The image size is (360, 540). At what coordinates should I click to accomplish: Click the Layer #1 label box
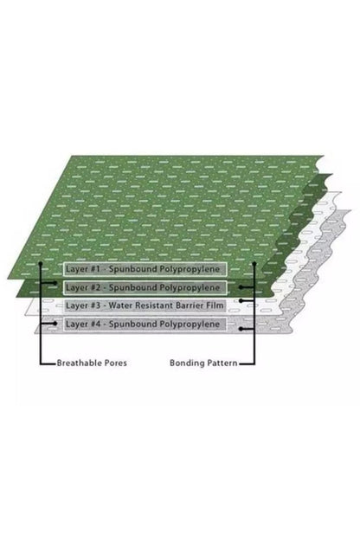pyautogui.click(x=145, y=269)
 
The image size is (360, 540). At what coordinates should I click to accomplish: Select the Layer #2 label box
pyautogui.click(x=145, y=287)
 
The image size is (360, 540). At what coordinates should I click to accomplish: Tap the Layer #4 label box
pyautogui.click(x=145, y=324)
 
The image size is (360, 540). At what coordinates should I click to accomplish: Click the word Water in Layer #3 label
pyautogui.click(x=119, y=305)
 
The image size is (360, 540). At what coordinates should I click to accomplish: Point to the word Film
pyautogui.click(x=216, y=305)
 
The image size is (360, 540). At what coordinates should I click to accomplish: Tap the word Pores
pyautogui.click(x=116, y=363)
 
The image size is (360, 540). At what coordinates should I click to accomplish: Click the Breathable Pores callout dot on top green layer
pyautogui.click(x=41, y=263)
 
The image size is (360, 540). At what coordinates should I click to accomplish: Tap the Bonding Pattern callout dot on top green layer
pyautogui.click(x=254, y=263)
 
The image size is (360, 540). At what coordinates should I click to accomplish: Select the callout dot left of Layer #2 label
pyautogui.click(x=55, y=283)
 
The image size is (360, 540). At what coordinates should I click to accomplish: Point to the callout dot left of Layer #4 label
pyautogui.click(x=55, y=324)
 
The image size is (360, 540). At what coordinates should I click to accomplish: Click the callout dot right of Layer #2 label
pyautogui.click(x=241, y=287)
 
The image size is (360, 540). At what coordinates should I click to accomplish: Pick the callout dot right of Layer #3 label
pyautogui.click(x=241, y=300)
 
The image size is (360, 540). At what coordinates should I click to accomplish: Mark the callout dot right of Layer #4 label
pyautogui.click(x=241, y=329)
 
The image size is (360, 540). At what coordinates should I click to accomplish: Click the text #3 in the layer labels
pyautogui.click(x=94, y=305)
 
